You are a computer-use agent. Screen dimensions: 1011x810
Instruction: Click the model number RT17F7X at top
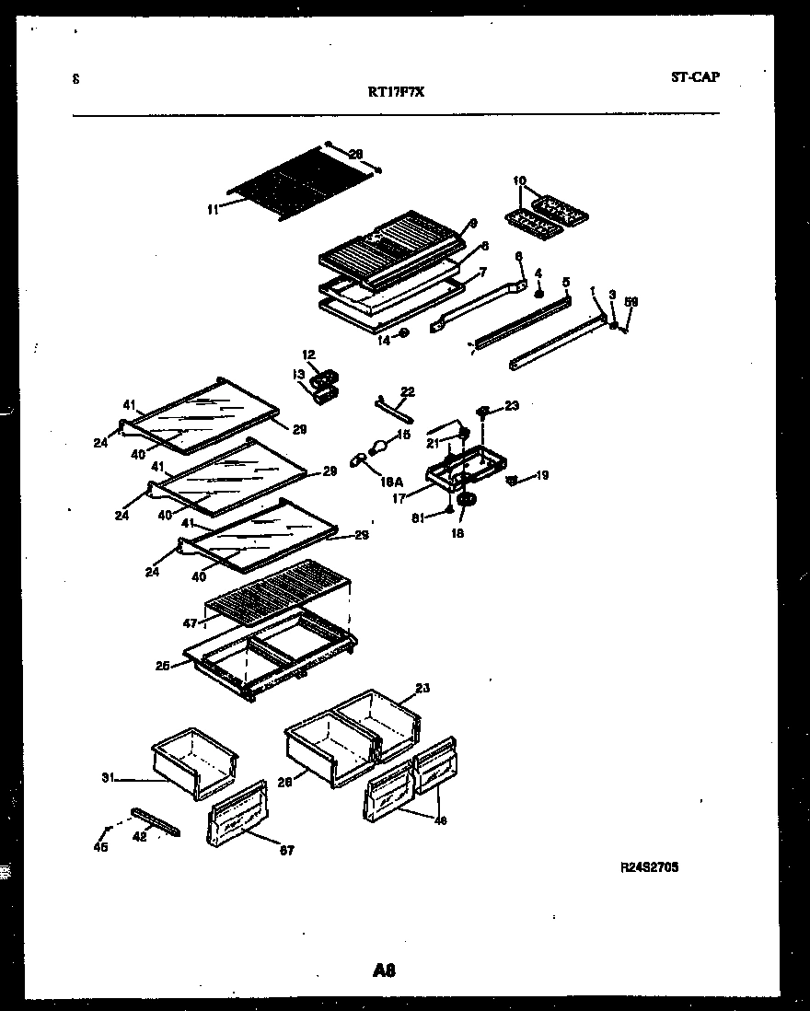[x=396, y=92]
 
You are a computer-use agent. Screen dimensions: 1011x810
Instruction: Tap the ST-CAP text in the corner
[x=696, y=77]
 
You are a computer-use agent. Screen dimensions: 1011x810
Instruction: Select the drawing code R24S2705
[x=651, y=866]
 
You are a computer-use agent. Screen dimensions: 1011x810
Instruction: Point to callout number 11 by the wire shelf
[x=213, y=210]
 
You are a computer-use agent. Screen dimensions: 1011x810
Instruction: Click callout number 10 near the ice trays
[x=519, y=180]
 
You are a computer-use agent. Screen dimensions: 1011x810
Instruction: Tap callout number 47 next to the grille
[x=190, y=623]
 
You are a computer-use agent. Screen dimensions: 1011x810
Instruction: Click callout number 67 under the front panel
[x=287, y=851]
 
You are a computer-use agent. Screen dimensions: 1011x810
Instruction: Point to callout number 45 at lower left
[x=100, y=847]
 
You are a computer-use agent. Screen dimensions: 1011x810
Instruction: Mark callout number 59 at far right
[x=631, y=301]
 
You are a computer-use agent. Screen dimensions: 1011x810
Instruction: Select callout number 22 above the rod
[x=408, y=391]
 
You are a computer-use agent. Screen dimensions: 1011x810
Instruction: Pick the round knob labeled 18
[x=466, y=500]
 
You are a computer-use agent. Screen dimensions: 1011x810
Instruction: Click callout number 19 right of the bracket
[x=542, y=476]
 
